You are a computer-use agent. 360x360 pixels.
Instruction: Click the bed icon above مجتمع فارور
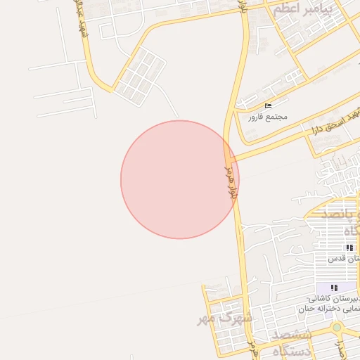tap(268, 105)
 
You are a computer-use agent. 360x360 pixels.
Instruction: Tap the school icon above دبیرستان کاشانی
tap(334, 288)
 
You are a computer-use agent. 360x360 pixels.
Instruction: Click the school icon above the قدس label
tap(350, 247)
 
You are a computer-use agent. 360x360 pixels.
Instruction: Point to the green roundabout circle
tap(337, 328)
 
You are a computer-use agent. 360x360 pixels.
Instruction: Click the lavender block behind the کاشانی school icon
tap(327, 288)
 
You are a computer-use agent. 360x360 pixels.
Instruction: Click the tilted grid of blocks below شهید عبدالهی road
tap(139, 75)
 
